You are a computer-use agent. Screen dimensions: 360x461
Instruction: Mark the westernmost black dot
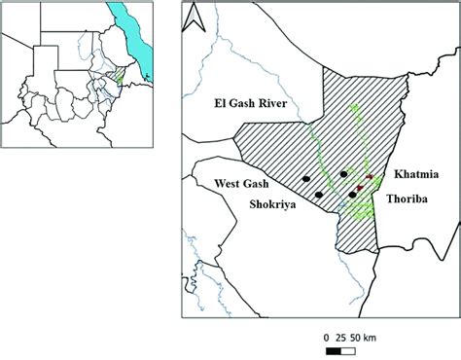pyautogui.click(x=306, y=179)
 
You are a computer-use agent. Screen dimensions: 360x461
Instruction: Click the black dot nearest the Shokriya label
pyautogui.click(x=319, y=195)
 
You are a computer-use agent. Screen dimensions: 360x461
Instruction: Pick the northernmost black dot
pyautogui.click(x=344, y=174)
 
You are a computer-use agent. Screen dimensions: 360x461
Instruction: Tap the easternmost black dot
pyautogui.click(x=352, y=195)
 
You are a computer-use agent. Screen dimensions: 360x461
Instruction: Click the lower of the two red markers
pyautogui.click(x=360, y=187)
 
